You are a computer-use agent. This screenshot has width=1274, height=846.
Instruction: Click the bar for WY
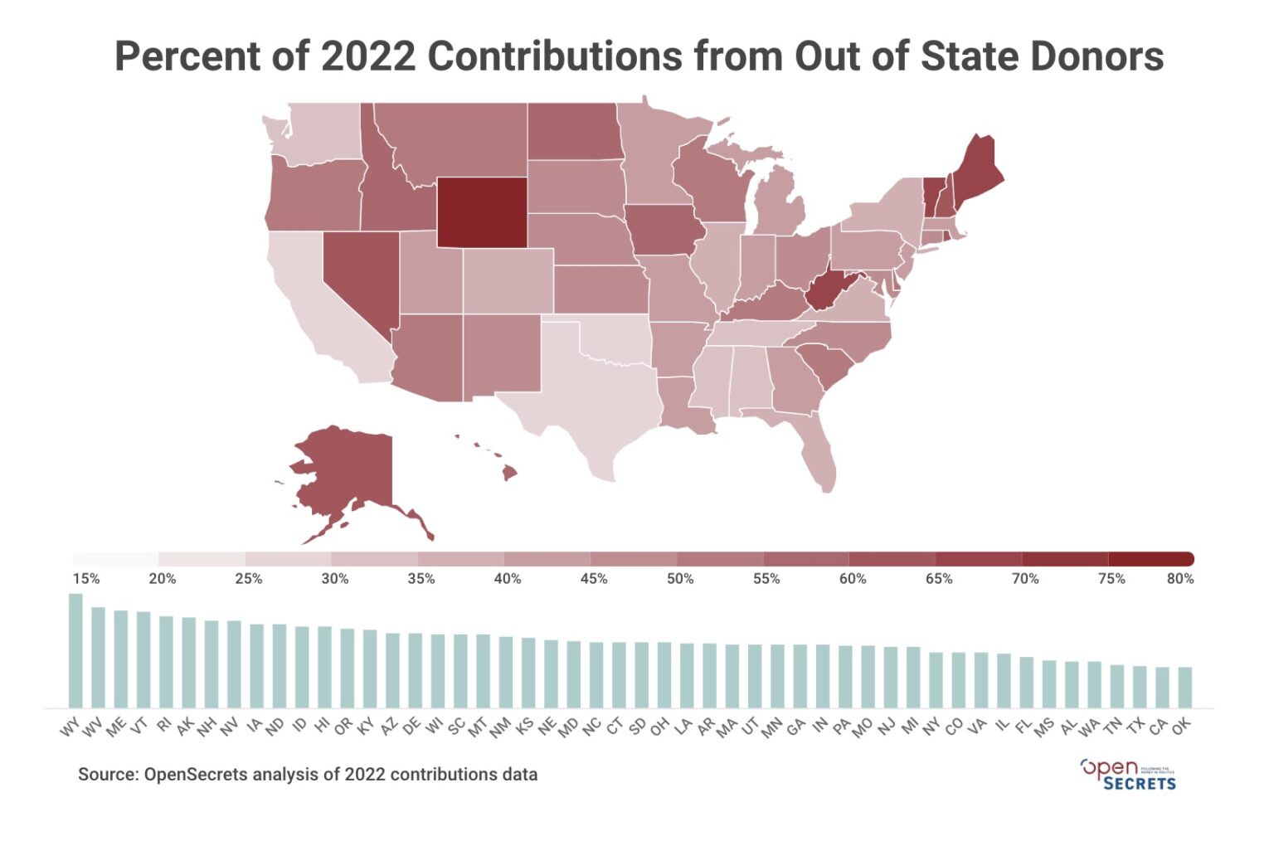(x=75, y=650)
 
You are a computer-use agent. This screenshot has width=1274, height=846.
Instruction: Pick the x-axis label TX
(x=1136, y=726)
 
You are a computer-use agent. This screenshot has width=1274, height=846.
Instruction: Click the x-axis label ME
(x=117, y=727)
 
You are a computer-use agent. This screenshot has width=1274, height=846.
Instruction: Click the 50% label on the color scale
(x=680, y=579)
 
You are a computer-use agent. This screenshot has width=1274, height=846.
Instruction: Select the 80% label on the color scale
(x=1179, y=579)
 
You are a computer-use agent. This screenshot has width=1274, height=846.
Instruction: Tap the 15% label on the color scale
(x=86, y=579)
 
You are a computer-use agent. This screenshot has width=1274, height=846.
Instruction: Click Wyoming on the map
(x=482, y=211)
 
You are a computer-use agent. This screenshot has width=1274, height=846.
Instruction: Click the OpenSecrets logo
(x=1128, y=774)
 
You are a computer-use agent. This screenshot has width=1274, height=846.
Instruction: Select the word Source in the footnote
(x=106, y=775)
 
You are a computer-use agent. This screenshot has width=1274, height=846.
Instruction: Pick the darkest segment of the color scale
(x=1150, y=558)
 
